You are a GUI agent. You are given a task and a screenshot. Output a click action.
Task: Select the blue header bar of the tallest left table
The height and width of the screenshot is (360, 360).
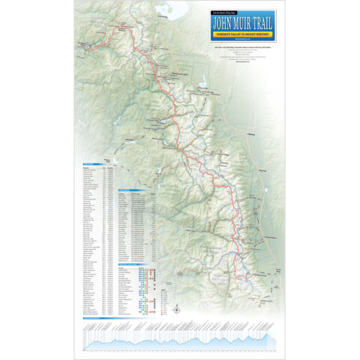(98, 163)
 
